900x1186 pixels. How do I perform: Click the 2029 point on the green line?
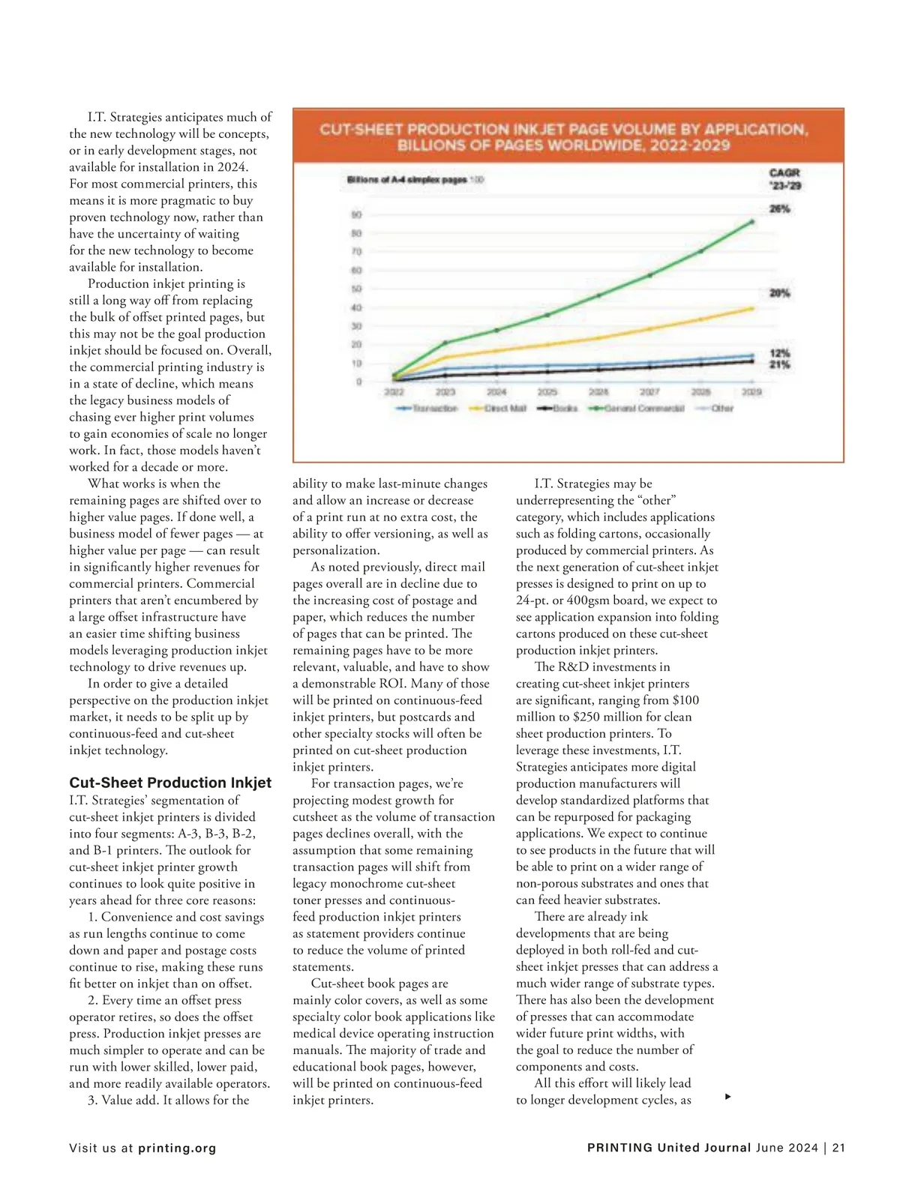pyautogui.click(x=752, y=222)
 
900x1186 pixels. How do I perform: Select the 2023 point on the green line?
pyautogui.click(x=445, y=343)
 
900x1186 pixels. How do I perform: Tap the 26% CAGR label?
pyautogui.click(x=780, y=209)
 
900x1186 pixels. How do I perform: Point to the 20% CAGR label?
pyautogui.click(x=780, y=293)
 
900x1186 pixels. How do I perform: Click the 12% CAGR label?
pyautogui.click(x=780, y=353)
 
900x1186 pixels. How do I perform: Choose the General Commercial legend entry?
pyautogui.click(x=644, y=409)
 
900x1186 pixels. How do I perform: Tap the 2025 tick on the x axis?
pyautogui.click(x=547, y=392)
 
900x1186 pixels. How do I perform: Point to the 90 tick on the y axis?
pyautogui.click(x=356, y=215)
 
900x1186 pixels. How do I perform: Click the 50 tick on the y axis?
pyautogui.click(x=356, y=289)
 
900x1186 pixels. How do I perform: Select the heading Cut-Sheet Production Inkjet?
pyautogui.click(x=170, y=783)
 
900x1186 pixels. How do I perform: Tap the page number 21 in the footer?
pyautogui.click(x=838, y=1148)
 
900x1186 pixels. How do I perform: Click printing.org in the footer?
pyautogui.click(x=177, y=1148)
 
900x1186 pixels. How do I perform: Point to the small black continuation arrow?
pyautogui.click(x=727, y=1097)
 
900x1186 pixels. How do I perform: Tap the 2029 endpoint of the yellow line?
pyautogui.click(x=752, y=308)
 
